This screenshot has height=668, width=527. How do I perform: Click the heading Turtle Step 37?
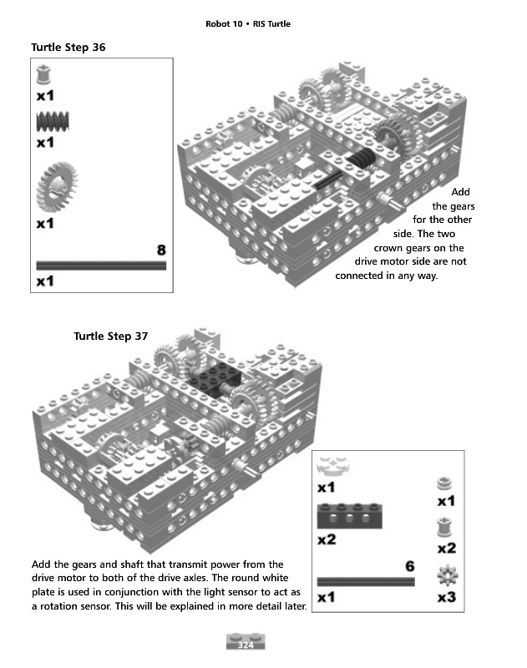(110, 337)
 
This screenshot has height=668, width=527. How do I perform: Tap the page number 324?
(246, 645)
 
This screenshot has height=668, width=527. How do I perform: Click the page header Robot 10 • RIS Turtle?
(248, 23)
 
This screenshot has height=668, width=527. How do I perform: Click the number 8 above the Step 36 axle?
(161, 250)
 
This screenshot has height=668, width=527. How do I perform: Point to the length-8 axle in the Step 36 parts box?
(101, 265)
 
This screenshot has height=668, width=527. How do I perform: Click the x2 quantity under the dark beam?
(327, 539)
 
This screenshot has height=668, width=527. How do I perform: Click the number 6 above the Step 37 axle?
(409, 566)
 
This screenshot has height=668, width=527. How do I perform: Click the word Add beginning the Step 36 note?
(460, 193)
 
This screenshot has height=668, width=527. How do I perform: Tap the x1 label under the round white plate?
(327, 488)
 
